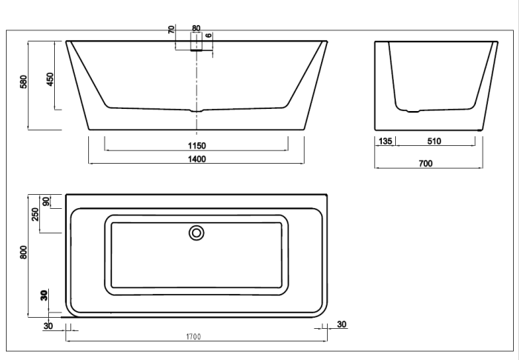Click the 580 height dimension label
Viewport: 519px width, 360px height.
coord(24,81)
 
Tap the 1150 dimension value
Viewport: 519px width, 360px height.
coord(196,145)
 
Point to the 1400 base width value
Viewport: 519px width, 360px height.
coord(196,159)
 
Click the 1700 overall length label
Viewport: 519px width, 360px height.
coord(194,338)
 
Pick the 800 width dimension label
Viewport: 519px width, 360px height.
coord(24,252)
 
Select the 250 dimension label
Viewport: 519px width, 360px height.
coord(36,214)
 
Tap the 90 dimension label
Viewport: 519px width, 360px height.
coord(46,201)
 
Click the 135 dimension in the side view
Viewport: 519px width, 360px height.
coord(386,141)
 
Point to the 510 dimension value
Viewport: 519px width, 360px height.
coord(434,141)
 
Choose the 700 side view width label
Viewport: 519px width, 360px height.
coord(426,164)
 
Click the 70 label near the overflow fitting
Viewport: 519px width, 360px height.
coord(171,30)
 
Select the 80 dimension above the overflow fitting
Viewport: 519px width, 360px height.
coord(196,28)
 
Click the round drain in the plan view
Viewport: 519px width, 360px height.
coord(196,233)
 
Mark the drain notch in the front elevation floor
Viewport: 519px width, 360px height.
coord(196,111)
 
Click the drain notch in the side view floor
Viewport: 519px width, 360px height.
coord(414,112)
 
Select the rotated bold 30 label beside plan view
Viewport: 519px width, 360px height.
coord(44,296)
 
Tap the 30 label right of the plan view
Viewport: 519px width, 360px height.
coord(341,324)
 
